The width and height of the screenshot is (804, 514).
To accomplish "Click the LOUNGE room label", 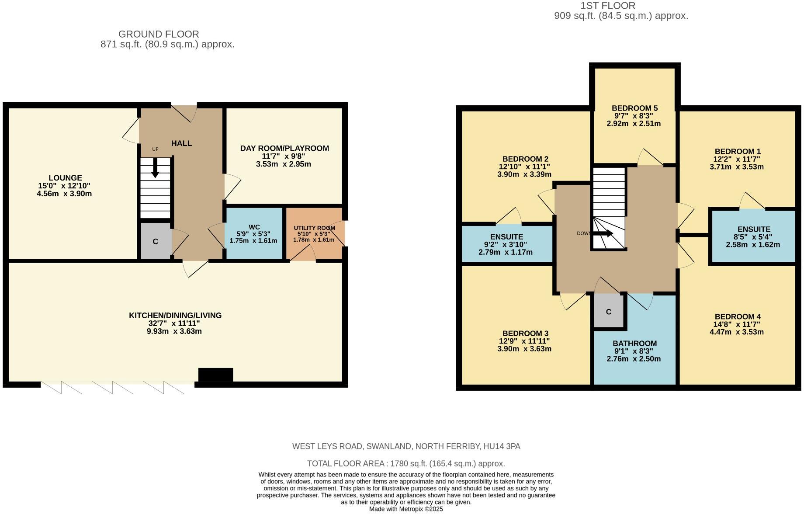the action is point(65,178).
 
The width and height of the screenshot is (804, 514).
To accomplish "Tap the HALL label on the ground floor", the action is point(181,143).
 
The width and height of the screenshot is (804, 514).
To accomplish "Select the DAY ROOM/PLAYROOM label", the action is point(284,148).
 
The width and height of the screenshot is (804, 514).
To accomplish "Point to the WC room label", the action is point(254,227).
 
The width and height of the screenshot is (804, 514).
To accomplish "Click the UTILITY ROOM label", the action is point(314,228).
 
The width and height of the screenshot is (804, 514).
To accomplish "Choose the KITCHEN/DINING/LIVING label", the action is point(175,315).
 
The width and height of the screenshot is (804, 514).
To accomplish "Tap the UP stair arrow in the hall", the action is point(155,168).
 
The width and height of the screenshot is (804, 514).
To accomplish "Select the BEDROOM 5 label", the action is point(634,108).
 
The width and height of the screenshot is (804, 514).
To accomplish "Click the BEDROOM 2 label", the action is point(525,159).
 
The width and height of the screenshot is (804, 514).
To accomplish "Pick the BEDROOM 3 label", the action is point(525,333).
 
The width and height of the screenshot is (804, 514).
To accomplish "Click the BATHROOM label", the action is point(634,344).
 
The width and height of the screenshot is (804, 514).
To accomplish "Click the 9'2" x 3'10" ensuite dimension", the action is point(506,245).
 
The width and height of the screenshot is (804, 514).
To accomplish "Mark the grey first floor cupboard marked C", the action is point(609,311).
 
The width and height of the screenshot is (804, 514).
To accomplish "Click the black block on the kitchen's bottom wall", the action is point(215,375).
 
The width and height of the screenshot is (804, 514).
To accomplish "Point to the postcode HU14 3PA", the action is point(502,446).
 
